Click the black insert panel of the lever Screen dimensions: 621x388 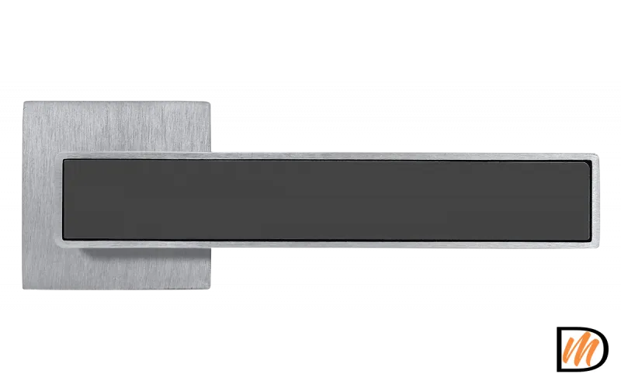pos(327,200)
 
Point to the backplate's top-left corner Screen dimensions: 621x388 pos(24,102)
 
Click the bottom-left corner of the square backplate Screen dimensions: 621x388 pos(24,288)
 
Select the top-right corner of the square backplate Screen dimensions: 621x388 pos(209,102)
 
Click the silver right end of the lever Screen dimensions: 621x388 pos(595,200)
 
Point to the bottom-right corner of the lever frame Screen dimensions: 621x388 pos(597,246)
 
